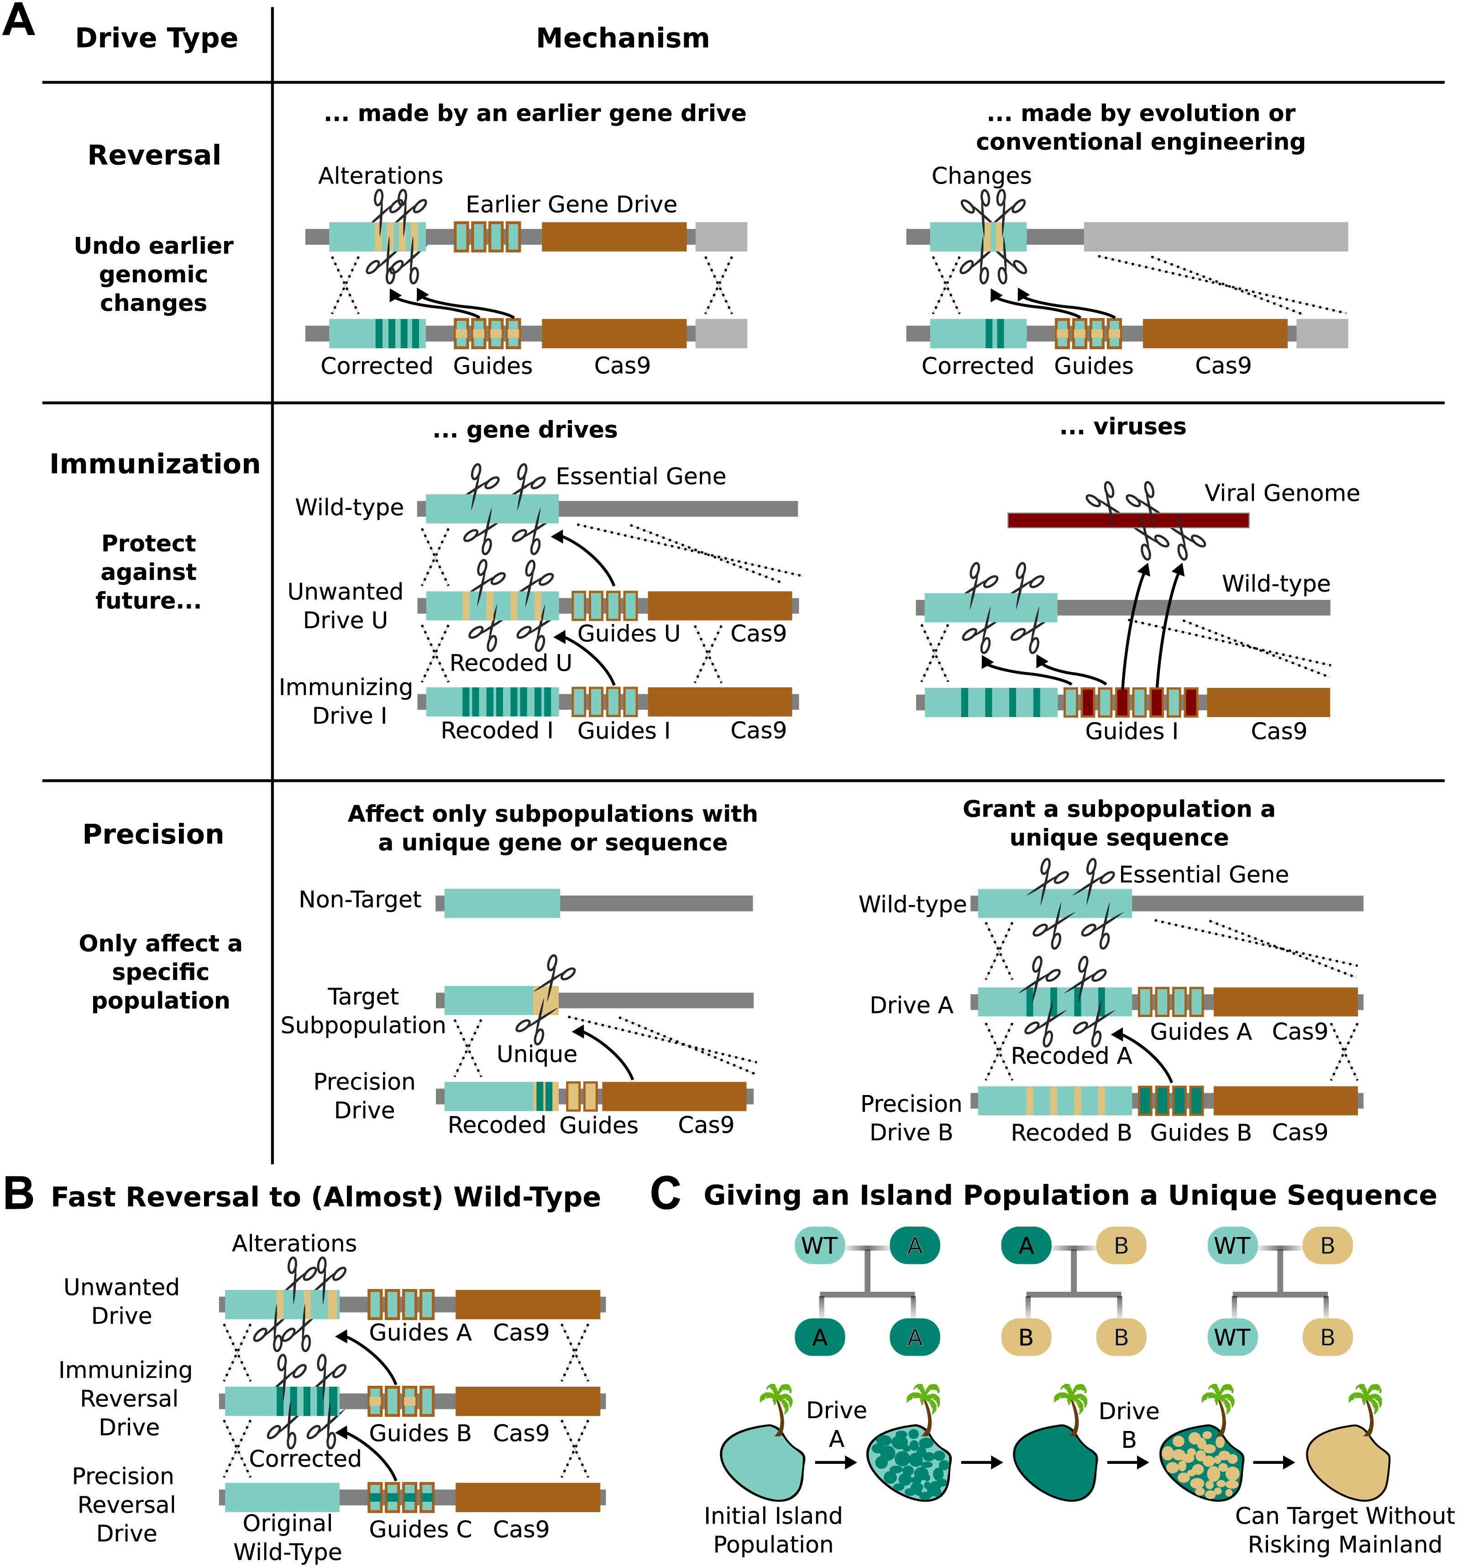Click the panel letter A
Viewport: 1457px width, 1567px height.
[x=19, y=21]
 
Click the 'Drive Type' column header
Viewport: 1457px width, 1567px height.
[x=156, y=38]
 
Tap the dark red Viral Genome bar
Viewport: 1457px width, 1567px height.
[x=1127, y=520]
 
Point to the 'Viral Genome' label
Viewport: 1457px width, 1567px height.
[x=1282, y=493]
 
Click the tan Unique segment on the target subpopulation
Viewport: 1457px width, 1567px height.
[x=545, y=1000]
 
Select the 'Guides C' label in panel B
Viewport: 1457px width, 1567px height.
[x=420, y=1529]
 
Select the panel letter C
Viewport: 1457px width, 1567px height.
[x=666, y=1194]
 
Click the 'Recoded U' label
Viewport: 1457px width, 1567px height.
[x=510, y=663]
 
